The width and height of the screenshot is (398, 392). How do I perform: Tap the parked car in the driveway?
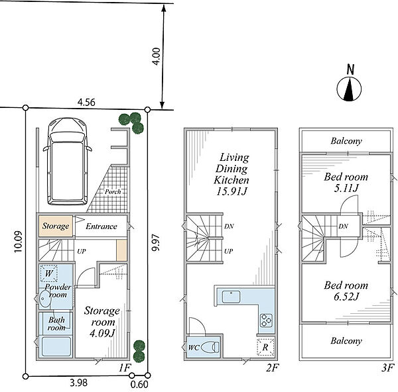[x=67, y=162]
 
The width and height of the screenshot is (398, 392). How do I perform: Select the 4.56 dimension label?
[x=86, y=103]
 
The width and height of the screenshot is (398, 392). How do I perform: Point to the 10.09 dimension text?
[x=19, y=241]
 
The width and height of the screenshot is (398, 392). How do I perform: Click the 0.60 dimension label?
[x=139, y=384]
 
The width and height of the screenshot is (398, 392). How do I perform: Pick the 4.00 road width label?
[x=156, y=56]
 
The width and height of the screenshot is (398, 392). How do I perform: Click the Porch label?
[x=113, y=192]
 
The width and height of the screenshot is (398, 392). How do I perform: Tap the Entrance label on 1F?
[x=101, y=226]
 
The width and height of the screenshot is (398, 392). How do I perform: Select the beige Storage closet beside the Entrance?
[x=56, y=226]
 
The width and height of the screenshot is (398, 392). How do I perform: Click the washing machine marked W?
[x=49, y=273]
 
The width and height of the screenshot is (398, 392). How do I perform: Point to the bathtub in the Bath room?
[x=56, y=346]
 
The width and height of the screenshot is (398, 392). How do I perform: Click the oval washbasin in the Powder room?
[x=45, y=299]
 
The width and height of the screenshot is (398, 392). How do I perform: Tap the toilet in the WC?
[x=210, y=347]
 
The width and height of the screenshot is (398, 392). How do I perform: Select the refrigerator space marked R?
[x=265, y=347]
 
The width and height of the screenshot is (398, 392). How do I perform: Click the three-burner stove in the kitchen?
[x=266, y=320]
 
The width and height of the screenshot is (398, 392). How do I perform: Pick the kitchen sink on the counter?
[x=231, y=297]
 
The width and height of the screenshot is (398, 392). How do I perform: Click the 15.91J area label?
[x=232, y=192]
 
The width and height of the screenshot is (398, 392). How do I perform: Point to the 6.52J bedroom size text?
[x=346, y=297]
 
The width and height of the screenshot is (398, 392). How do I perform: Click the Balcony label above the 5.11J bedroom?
[x=346, y=141]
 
